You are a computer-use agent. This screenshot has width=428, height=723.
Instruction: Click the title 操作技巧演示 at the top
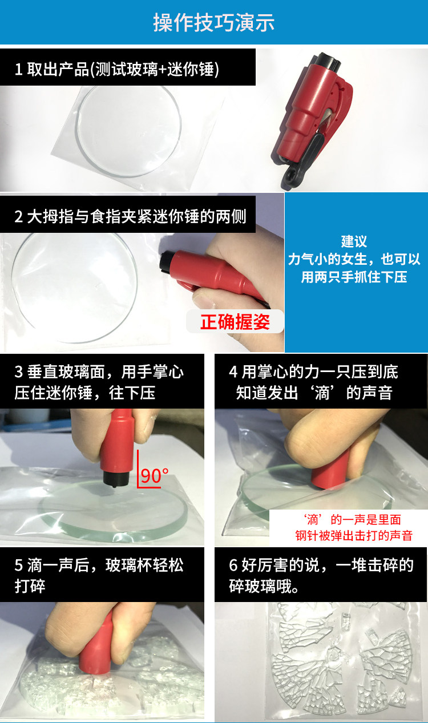point(214,22)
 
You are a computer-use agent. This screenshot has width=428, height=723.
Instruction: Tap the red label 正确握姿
point(235,322)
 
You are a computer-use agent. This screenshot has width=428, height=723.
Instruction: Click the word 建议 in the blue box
point(354,241)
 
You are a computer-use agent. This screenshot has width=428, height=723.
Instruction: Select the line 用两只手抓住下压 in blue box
point(354,277)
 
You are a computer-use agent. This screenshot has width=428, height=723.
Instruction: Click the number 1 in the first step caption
point(18,70)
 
